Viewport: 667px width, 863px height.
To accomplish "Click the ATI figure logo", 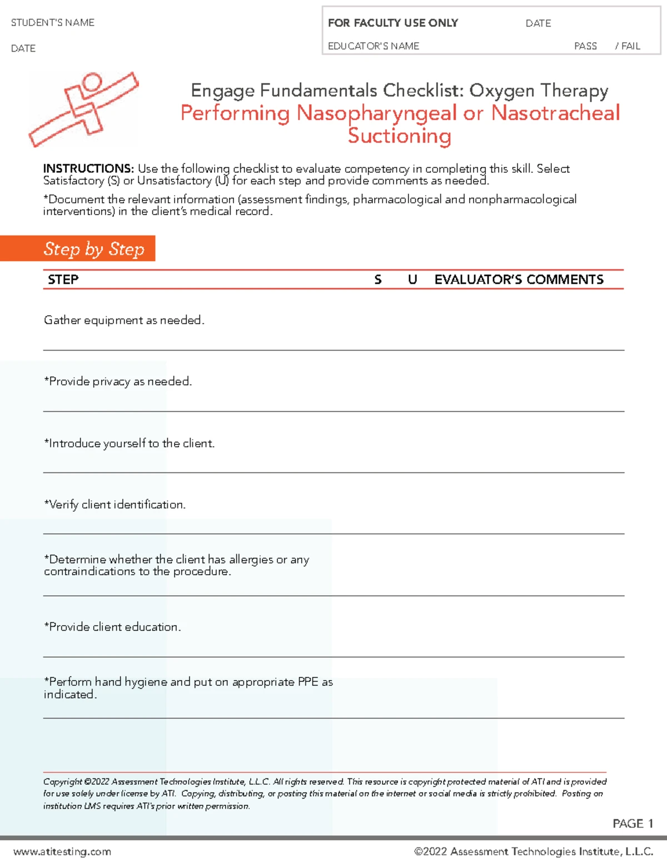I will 83,109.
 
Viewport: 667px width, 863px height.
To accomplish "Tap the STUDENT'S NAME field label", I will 53,23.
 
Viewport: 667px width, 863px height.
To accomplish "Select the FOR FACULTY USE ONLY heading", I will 393,23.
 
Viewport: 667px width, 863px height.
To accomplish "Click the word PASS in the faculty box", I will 585,46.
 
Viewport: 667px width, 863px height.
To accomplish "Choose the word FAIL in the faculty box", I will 631,46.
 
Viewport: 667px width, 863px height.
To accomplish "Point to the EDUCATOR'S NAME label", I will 374,46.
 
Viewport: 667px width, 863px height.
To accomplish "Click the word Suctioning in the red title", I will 400,136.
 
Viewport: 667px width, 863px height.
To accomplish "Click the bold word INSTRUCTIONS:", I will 88,168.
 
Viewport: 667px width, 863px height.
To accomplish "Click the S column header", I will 378,280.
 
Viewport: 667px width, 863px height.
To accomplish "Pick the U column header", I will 412,280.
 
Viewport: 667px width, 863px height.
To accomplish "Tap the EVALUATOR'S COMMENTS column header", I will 519,280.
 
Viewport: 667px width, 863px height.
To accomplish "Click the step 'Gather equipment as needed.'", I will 124,320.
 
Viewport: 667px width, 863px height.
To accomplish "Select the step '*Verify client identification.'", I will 115,505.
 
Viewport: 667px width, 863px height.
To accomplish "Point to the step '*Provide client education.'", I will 112,627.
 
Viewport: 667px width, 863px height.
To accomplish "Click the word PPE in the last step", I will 308,682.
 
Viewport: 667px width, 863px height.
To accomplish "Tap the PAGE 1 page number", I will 633,824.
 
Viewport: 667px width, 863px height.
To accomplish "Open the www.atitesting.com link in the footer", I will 62,851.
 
